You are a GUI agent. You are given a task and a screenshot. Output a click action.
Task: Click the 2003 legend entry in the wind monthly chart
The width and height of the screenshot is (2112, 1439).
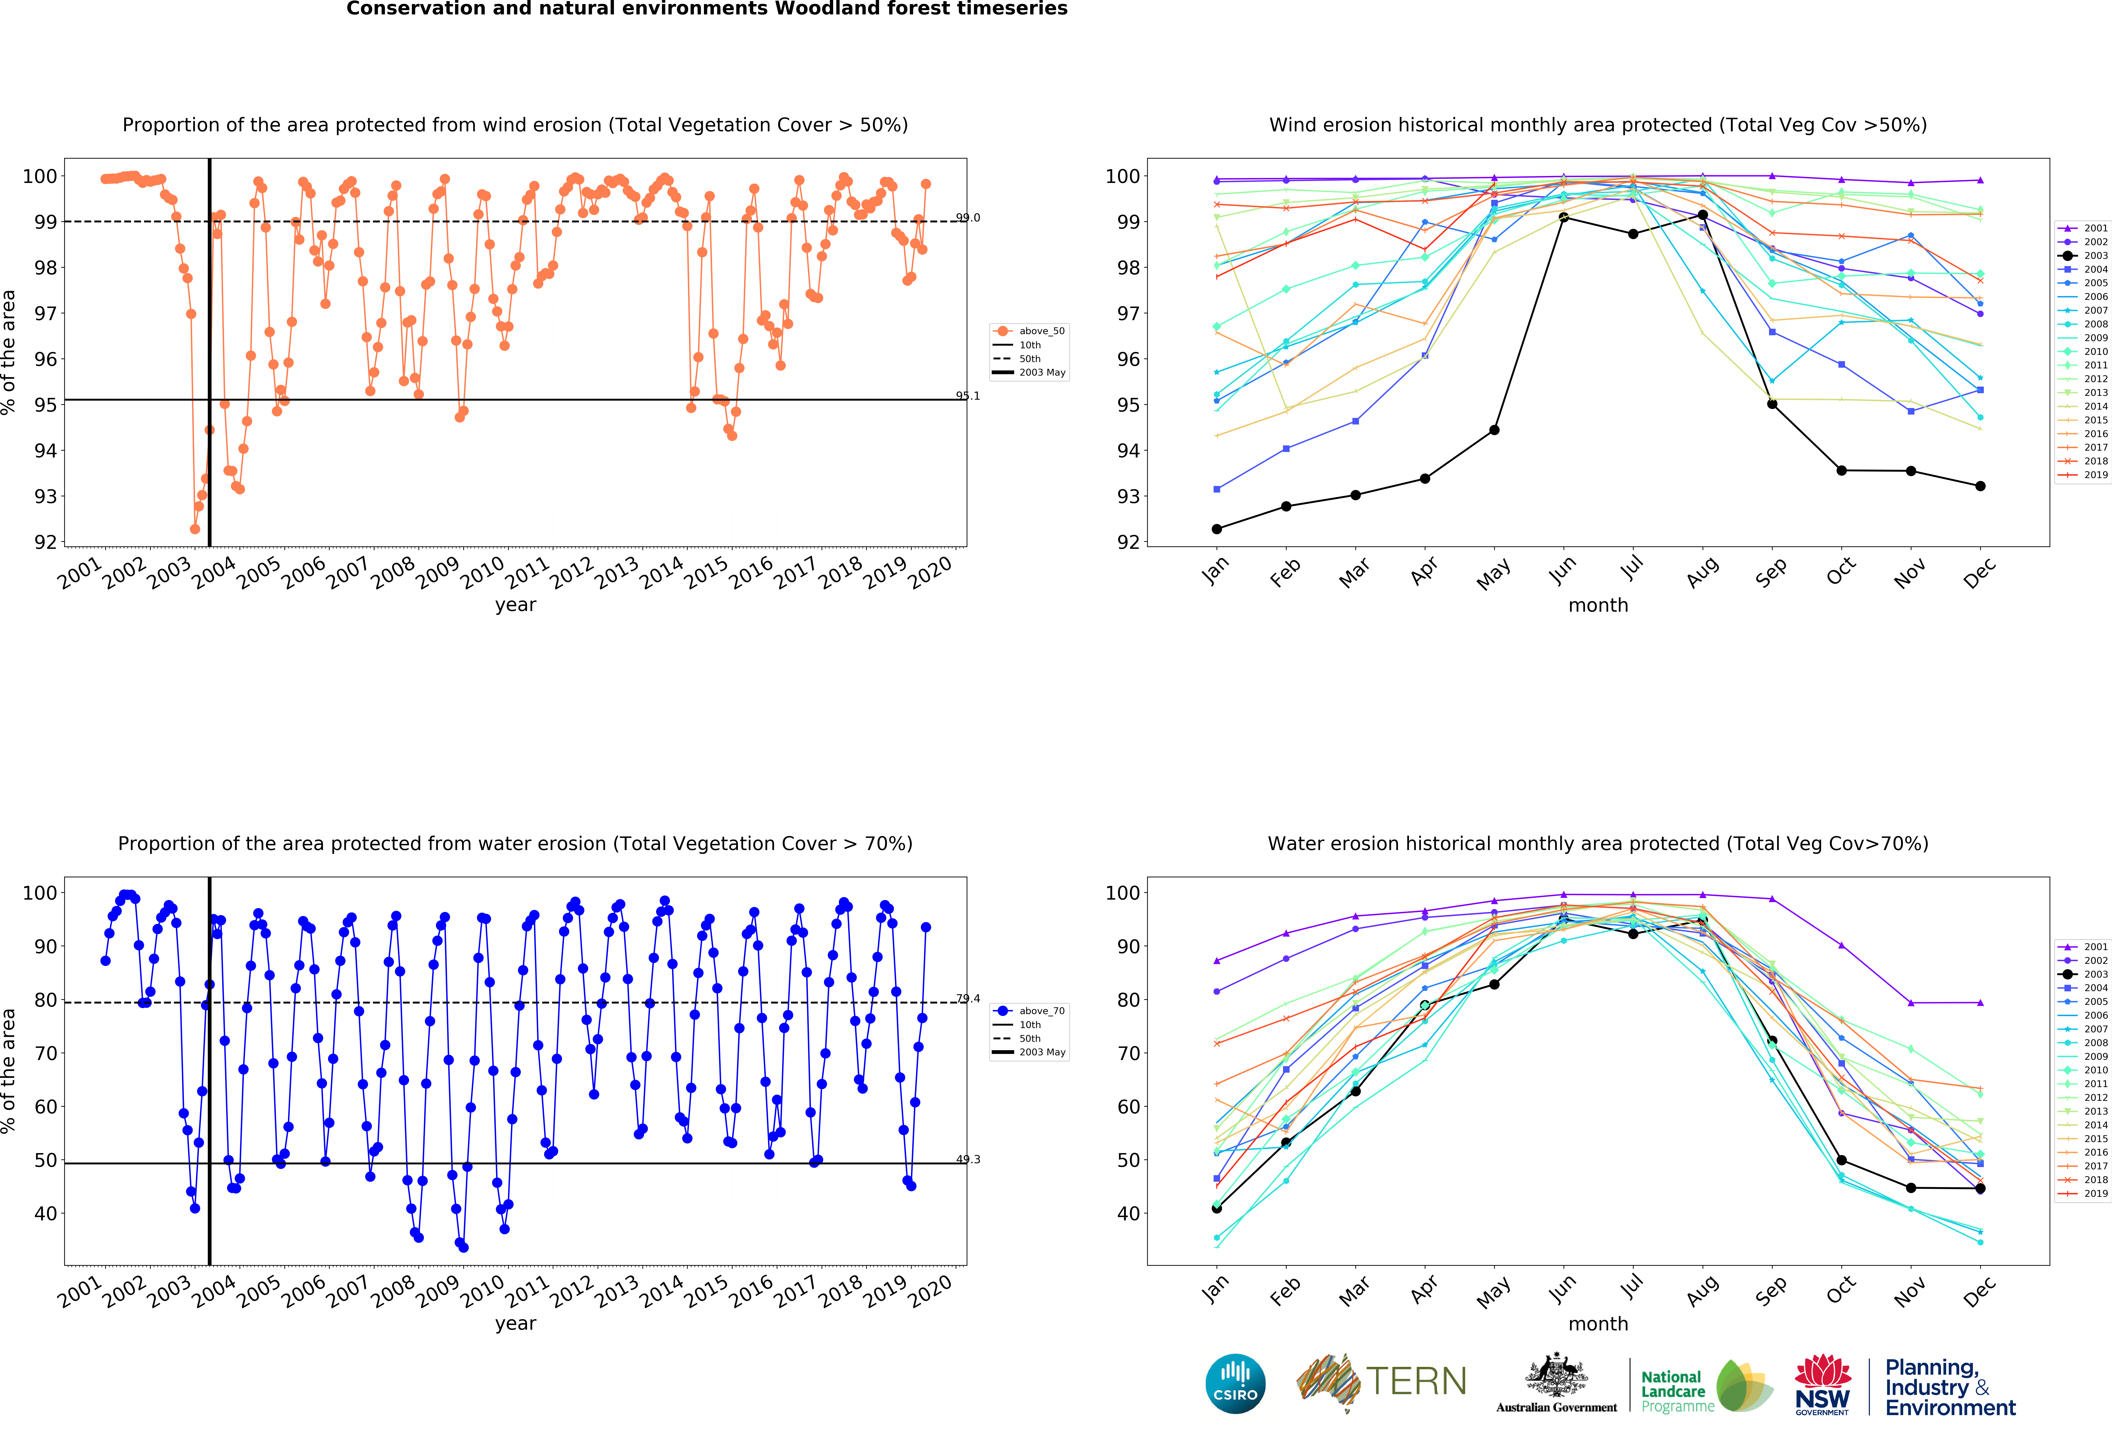click(2084, 255)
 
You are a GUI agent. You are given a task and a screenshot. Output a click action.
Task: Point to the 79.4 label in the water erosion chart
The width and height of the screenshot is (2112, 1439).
click(968, 998)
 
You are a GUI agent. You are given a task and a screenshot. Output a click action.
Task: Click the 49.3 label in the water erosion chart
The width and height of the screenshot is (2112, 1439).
click(968, 1159)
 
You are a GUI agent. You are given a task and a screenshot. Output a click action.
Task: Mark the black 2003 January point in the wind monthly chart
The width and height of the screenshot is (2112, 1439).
click(1217, 529)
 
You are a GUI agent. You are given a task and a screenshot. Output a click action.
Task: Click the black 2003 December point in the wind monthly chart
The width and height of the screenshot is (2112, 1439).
click(1980, 486)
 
